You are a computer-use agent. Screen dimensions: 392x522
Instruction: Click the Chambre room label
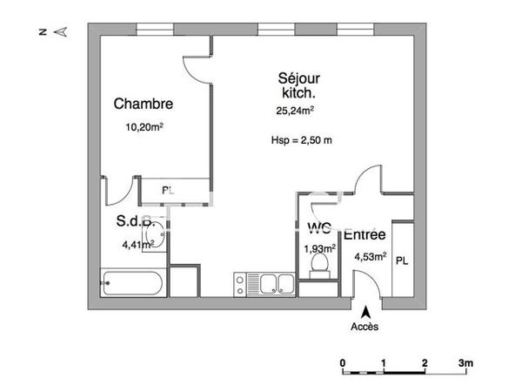click(144, 104)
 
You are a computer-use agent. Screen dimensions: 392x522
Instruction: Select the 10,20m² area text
click(144, 127)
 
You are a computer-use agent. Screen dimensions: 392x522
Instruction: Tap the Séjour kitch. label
click(298, 84)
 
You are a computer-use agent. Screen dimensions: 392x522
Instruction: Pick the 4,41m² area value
click(139, 245)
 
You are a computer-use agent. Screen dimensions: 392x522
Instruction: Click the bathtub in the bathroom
click(130, 282)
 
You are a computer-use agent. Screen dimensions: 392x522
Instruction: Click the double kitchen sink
click(264, 282)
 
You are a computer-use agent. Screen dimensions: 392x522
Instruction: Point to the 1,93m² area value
click(319, 248)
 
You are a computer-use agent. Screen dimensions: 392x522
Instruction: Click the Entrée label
click(365, 234)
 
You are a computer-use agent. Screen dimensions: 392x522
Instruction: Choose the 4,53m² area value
click(370, 256)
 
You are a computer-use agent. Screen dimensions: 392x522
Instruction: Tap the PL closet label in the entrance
click(402, 260)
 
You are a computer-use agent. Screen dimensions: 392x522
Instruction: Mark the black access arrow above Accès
click(366, 311)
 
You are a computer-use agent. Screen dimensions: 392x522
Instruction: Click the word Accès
click(365, 328)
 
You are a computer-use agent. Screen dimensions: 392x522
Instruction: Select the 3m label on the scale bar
click(466, 362)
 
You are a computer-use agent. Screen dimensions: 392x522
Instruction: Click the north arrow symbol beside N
click(61, 32)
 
